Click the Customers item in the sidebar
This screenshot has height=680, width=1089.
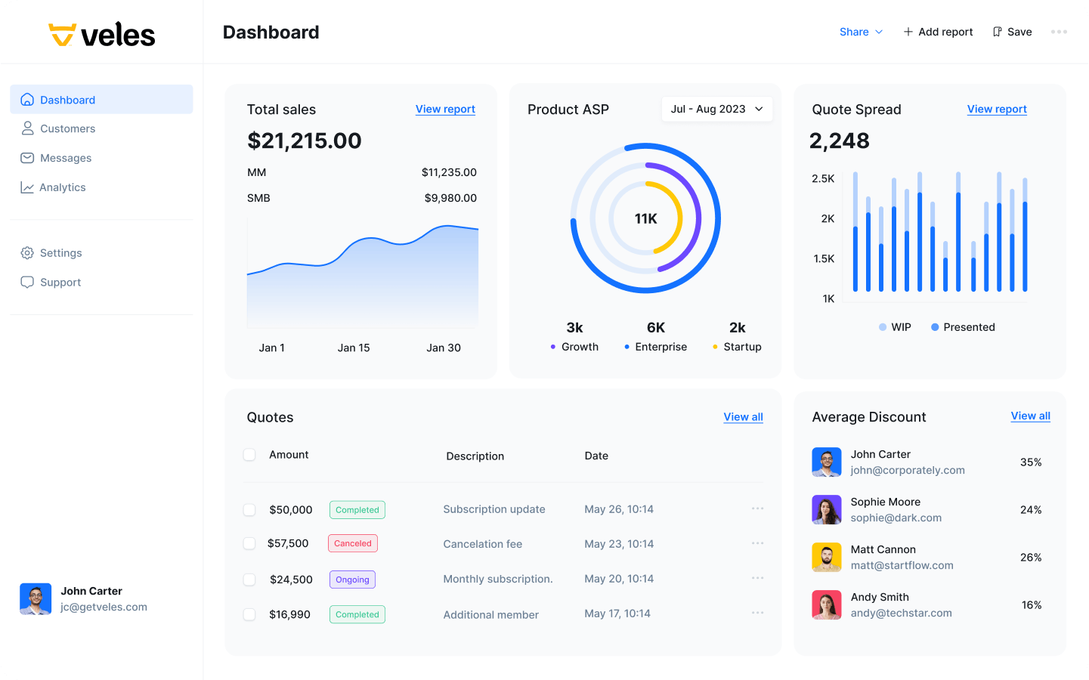point(67,128)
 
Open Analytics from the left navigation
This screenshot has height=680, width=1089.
point(62,187)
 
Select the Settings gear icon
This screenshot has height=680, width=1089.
point(27,253)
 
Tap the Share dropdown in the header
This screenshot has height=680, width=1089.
point(861,32)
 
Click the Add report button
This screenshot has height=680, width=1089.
point(938,32)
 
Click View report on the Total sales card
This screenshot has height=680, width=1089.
point(445,109)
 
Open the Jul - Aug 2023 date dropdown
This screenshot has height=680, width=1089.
point(716,109)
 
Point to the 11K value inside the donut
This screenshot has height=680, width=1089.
point(645,218)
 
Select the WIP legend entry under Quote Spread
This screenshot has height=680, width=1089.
point(896,327)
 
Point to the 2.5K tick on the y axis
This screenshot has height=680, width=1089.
point(823,179)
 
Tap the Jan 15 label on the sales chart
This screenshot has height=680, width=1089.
point(354,348)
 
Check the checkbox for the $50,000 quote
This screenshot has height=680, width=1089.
point(249,510)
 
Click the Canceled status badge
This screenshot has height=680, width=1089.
point(353,543)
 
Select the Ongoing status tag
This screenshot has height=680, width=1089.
point(352,580)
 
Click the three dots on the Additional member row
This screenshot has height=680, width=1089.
point(757,613)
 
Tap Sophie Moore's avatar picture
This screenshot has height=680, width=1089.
point(827,510)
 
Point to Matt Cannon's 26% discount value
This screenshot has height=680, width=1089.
point(1031,558)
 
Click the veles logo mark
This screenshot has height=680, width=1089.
point(62,35)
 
